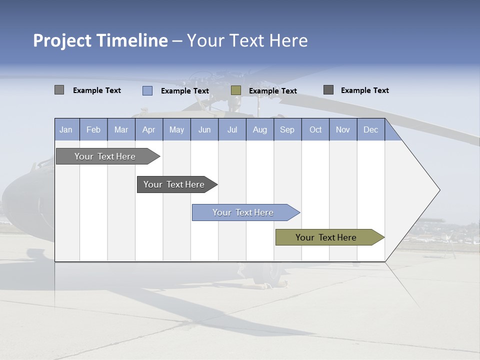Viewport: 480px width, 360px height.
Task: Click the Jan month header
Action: [x=66, y=130]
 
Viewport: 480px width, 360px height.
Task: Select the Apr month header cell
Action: [x=149, y=130]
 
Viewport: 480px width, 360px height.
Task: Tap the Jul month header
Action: [x=232, y=130]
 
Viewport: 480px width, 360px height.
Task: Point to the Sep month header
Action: [x=287, y=130]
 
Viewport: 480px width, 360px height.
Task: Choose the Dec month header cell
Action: [x=370, y=130]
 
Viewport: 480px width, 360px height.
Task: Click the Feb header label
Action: [x=93, y=130]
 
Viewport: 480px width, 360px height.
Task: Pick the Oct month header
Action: [x=315, y=130]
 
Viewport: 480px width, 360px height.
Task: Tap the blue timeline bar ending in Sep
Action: [x=243, y=212]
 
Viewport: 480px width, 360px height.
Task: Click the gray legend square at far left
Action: [x=59, y=90]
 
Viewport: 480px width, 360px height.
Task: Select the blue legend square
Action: [x=147, y=90]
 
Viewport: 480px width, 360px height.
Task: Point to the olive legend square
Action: [x=236, y=90]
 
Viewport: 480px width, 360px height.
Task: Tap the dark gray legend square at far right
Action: [x=328, y=90]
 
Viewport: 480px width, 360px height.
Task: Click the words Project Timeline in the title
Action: [x=100, y=40]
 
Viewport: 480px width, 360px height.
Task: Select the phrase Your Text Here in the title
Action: [x=247, y=40]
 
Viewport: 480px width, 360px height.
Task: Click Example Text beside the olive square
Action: [x=273, y=91]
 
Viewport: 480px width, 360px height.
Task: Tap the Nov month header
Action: [x=343, y=130]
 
